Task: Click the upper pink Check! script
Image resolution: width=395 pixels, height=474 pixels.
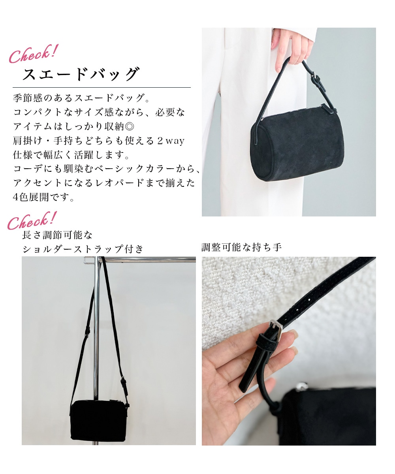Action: coord(34,54)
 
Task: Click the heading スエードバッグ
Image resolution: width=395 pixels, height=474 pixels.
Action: coord(81,74)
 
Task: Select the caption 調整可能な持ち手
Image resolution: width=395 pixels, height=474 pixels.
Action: coord(241,247)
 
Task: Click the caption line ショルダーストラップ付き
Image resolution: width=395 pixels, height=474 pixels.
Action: coord(83,249)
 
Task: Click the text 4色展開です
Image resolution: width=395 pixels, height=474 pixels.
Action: coord(43,197)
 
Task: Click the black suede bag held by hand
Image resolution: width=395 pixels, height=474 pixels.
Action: coord(297,145)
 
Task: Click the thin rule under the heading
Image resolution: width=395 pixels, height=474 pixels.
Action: coord(102,87)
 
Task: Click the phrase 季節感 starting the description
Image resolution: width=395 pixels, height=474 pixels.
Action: coord(28,98)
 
